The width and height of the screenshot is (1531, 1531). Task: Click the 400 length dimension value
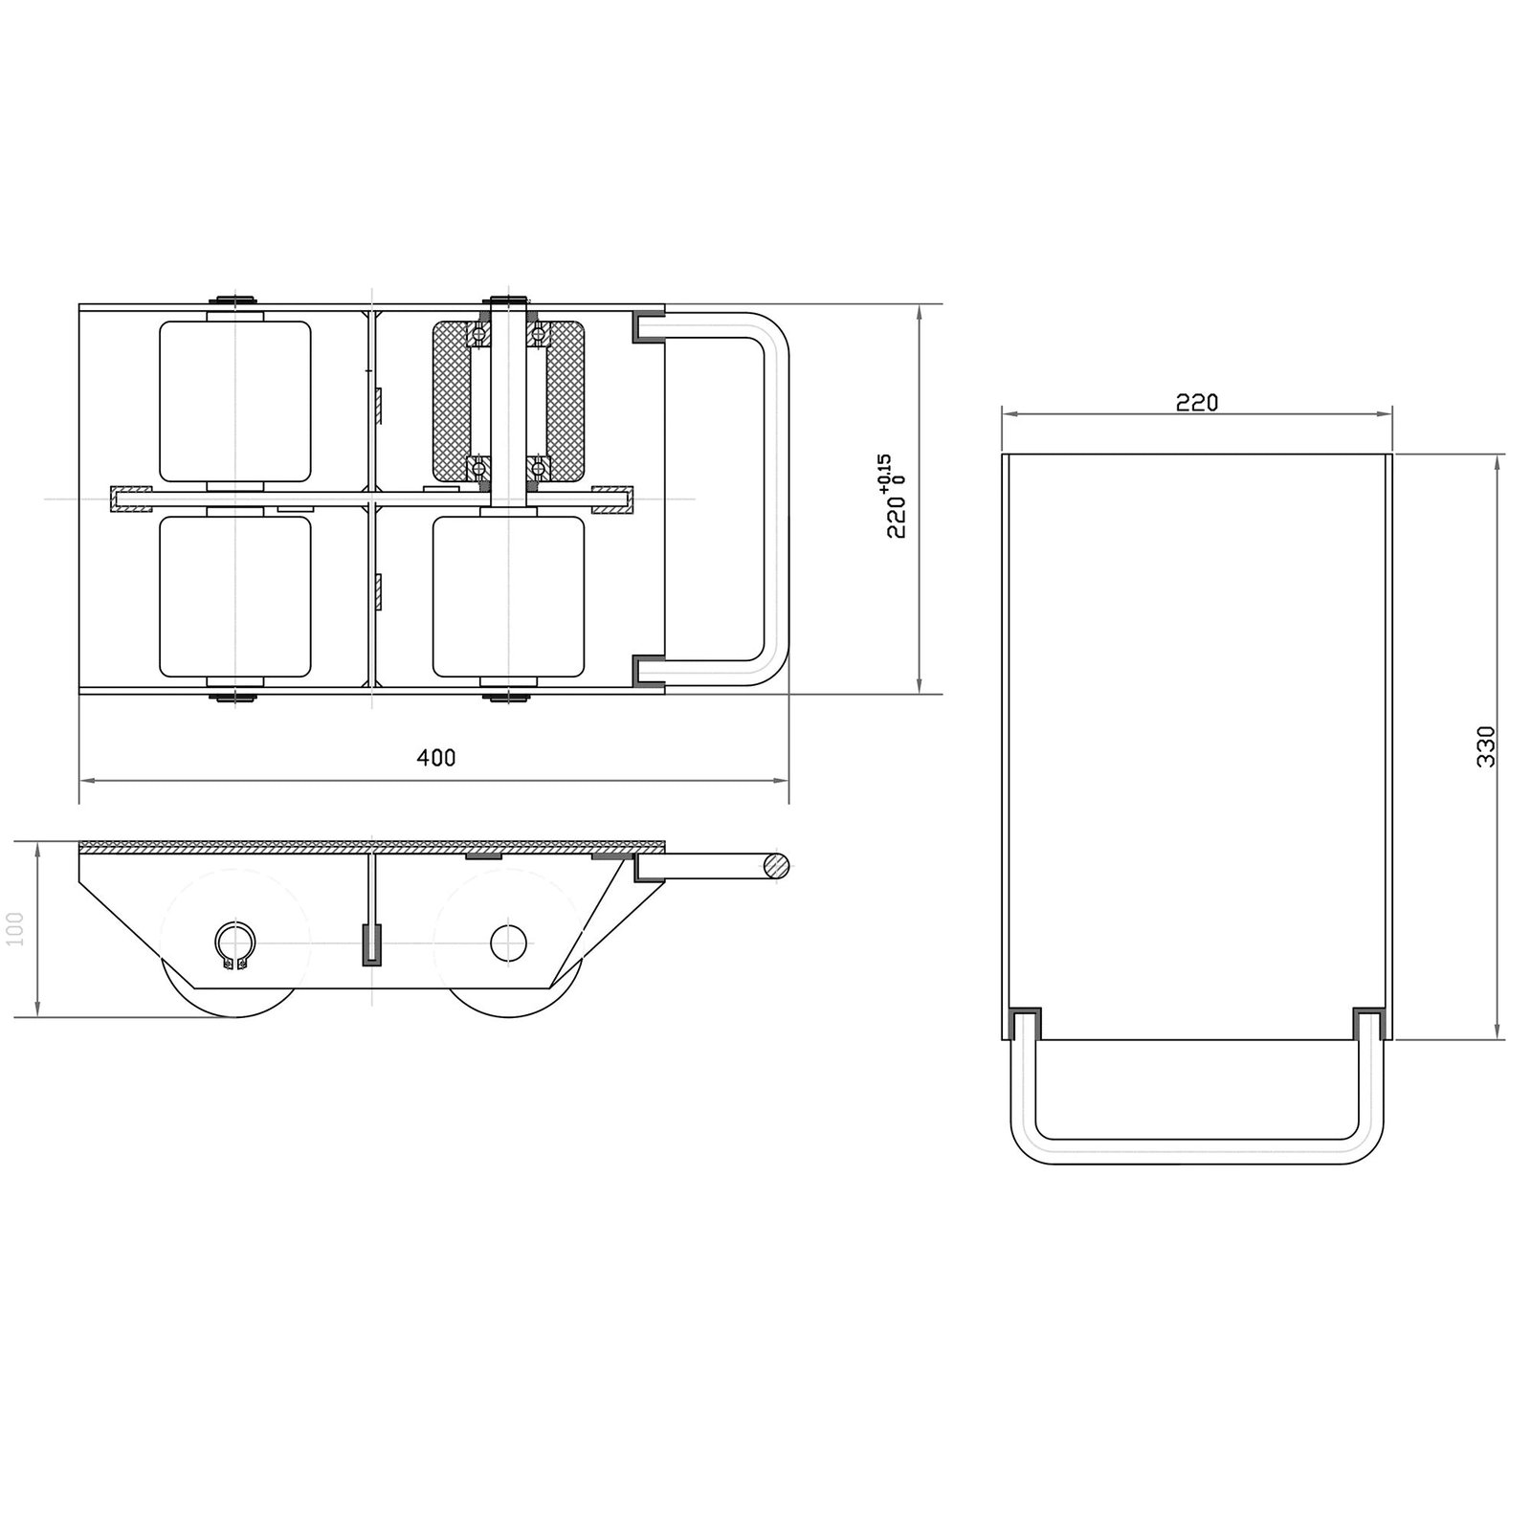click(x=436, y=758)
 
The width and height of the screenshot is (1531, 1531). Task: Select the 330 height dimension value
click(x=1485, y=746)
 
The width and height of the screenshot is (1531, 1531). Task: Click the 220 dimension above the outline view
click(x=1197, y=403)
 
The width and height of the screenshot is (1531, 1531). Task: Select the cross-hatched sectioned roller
click(x=508, y=401)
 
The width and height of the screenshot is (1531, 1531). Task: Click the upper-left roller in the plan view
click(x=235, y=401)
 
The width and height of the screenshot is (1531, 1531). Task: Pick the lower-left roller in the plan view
click(x=235, y=596)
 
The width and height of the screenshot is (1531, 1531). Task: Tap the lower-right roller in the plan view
click(x=508, y=596)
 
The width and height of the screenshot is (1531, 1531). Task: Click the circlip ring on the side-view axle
click(x=235, y=946)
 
